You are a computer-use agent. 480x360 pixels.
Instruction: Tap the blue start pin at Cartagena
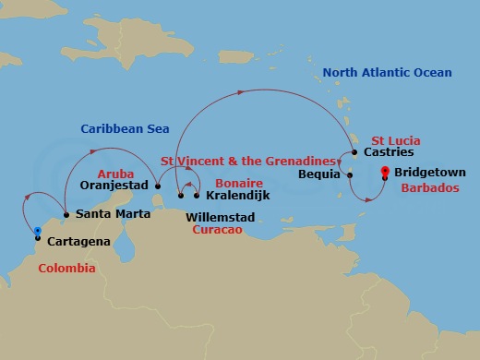click(x=38, y=232)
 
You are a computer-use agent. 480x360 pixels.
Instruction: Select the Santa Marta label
click(x=109, y=214)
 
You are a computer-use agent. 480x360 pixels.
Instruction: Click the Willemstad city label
click(x=221, y=218)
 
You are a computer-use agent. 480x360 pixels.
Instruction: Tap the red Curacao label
click(x=218, y=231)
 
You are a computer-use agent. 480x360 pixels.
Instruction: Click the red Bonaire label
click(x=238, y=184)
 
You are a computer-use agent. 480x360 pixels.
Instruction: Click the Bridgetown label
click(x=429, y=173)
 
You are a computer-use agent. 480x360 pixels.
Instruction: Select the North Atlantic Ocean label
click(x=388, y=73)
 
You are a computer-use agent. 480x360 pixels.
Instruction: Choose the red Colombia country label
click(x=66, y=268)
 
